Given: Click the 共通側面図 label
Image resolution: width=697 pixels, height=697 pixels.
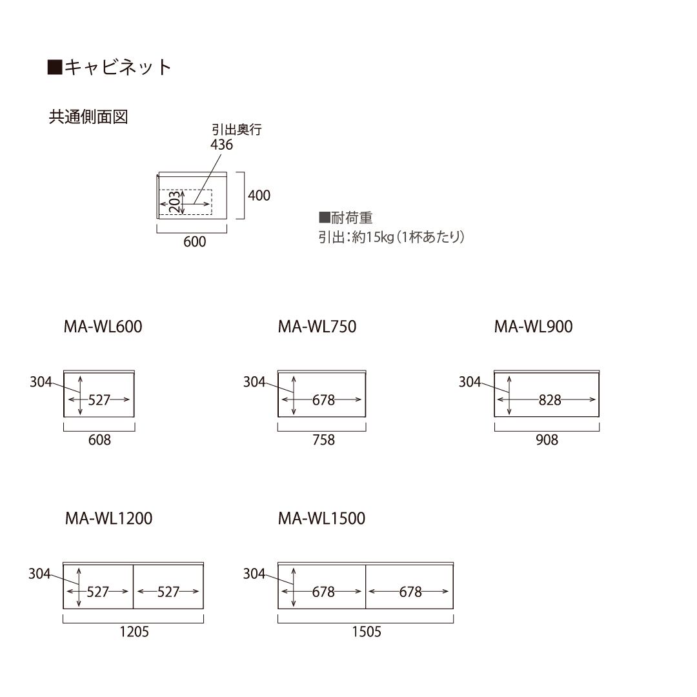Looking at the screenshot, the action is tap(88, 117).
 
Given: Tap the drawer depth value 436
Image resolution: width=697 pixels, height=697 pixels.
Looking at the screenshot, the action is tap(221, 145).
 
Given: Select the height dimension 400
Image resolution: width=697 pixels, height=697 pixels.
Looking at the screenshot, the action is tap(259, 195).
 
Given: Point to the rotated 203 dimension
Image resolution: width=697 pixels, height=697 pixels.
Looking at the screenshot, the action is tap(175, 202).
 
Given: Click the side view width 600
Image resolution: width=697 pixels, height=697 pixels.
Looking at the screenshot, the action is tap(195, 242).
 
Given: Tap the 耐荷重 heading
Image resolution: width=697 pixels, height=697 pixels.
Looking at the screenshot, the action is tap(346, 218).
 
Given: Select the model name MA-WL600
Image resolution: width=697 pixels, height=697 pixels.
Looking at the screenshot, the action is tap(103, 327).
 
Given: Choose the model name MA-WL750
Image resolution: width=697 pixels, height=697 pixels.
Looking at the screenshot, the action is tap(318, 327).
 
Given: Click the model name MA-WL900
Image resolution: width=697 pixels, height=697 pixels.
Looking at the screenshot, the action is tap(534, 327).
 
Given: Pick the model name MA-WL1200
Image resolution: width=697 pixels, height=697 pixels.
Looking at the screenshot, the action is tap(109, 518).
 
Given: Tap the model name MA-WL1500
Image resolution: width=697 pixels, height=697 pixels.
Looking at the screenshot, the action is tap(322, 518).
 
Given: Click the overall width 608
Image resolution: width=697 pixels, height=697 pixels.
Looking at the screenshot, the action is tap(99, 440).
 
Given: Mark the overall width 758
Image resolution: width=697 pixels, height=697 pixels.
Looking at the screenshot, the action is tap(323, 440).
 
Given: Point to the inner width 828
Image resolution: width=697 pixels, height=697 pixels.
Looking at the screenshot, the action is tap(550, 400).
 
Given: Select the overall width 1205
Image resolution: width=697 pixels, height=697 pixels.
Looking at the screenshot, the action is tap(134, 632).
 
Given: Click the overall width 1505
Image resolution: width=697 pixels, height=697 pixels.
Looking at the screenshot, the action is tap(367, 632).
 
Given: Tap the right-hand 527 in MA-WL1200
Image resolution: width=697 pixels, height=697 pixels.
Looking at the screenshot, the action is tap(168, 592).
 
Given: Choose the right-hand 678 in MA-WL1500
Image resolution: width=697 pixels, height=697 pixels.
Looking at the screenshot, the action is tap(410, 592).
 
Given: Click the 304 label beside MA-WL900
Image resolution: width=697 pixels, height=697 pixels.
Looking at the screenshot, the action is tap(470, 382).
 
